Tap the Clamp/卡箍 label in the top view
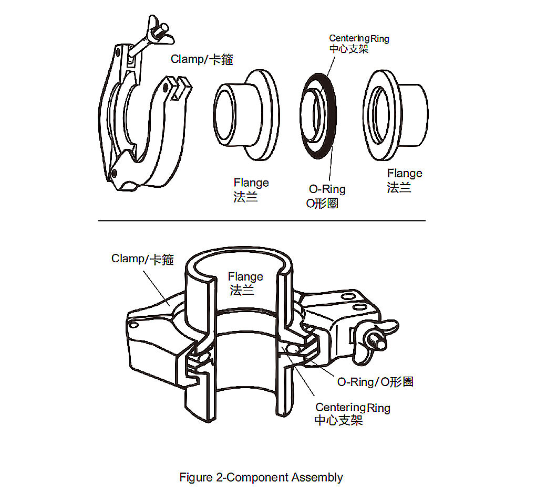(202, 59)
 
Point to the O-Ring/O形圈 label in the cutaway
(375, 382)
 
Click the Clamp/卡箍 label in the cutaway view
(142, 259)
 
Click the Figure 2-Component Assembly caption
(261, 477)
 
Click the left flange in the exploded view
(247, 115)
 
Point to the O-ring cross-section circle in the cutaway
(293, 350)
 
